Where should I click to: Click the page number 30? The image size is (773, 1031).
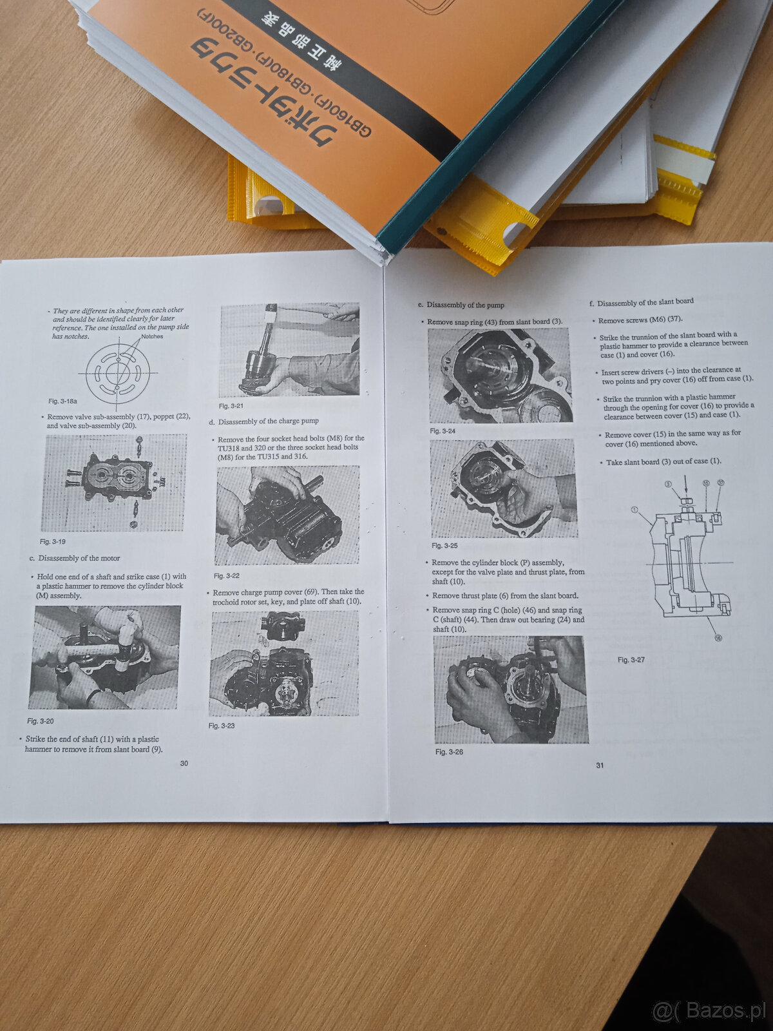[184, 763]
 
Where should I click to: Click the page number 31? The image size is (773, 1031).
[600, 765]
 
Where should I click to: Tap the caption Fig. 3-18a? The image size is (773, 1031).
[62, 401]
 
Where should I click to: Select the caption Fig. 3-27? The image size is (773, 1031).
[631, 660]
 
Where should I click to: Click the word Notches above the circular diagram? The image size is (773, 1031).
[152, 336]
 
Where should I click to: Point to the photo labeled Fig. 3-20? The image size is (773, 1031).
[104, 657]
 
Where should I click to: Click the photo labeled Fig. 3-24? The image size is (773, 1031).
[500, 375]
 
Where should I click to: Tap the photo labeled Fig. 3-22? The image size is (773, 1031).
[287, 515]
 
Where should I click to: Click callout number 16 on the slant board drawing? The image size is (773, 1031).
[718, 638]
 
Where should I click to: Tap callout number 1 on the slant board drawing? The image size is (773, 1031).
[635, 510]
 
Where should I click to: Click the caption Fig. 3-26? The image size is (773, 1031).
[449, 752]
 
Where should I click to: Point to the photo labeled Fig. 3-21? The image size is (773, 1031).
[289, 350]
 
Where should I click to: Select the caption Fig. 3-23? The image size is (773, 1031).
[222, 726]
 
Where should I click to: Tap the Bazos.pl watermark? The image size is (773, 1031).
[709, 1010]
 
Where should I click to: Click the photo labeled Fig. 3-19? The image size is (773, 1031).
[114, 483]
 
